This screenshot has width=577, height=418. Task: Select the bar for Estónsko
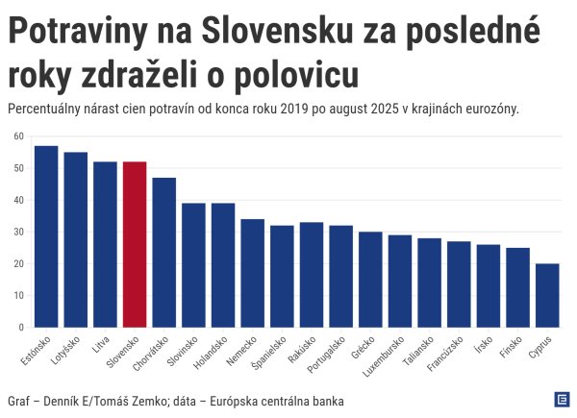(46, 236)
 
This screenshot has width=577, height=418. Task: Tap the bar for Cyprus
(546, 295)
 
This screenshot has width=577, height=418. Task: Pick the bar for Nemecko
(252, 273)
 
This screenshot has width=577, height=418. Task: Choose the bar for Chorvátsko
(163, 252)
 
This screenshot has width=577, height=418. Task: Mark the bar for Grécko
(370, 280)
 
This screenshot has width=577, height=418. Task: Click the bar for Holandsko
(223, 265)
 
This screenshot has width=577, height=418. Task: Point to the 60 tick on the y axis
(18, 136)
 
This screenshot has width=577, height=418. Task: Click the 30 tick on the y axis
(18, 232)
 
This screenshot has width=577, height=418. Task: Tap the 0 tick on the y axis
(21, 328)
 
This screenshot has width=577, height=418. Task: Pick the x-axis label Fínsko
(518, 348)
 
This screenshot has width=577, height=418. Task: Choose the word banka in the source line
(323, 400)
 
